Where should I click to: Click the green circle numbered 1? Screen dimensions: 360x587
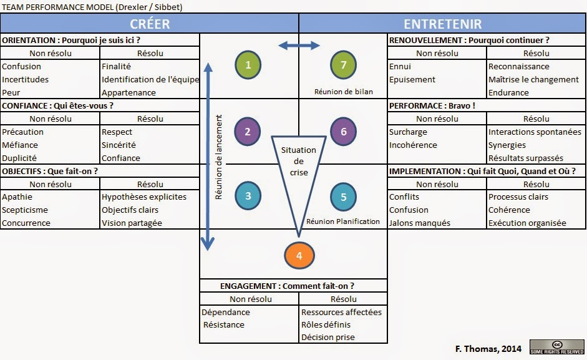point(248,64)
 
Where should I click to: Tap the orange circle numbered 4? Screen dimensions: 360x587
point(299,256)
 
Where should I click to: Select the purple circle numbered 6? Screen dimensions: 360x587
point(344,132)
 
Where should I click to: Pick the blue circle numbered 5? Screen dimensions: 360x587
point(344,197)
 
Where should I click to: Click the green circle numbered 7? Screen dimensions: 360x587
point(344,64)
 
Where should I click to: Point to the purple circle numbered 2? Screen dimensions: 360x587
point(248,132)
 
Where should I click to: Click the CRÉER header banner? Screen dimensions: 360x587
point(150,24)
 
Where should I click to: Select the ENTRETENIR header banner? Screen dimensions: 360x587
point(442,24)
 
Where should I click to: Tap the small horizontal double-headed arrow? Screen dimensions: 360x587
point(299,45)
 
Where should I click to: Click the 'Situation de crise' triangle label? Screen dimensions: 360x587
point(299,161)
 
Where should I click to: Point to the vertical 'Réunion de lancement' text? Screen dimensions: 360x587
point(219,160)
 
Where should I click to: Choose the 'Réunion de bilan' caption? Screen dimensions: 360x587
point(344,92)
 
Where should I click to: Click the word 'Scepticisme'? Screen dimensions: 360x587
point(25,210)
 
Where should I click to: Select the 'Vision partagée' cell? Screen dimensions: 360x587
point(132,223)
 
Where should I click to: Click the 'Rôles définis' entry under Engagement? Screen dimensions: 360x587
point(326,324)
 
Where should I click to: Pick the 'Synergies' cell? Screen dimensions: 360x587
point(507,145)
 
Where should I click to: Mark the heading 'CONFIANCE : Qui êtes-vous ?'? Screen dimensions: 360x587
point(62,105)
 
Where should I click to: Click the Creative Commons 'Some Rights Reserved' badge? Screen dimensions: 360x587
point(556,347)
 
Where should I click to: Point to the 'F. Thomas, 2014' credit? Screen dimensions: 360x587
point(485,348)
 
